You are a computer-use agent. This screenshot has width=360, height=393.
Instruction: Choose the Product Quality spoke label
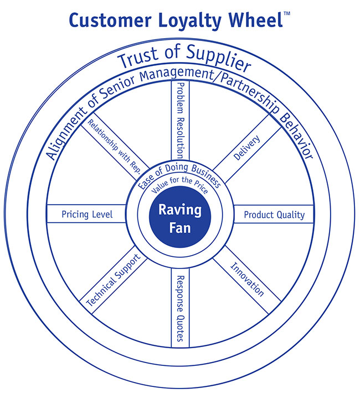(274, 214)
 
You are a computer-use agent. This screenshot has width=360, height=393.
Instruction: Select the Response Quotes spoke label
(179, 308)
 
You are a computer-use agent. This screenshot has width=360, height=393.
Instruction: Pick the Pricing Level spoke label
(87, 214)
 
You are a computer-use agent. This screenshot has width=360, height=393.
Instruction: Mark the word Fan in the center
(180, 227)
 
